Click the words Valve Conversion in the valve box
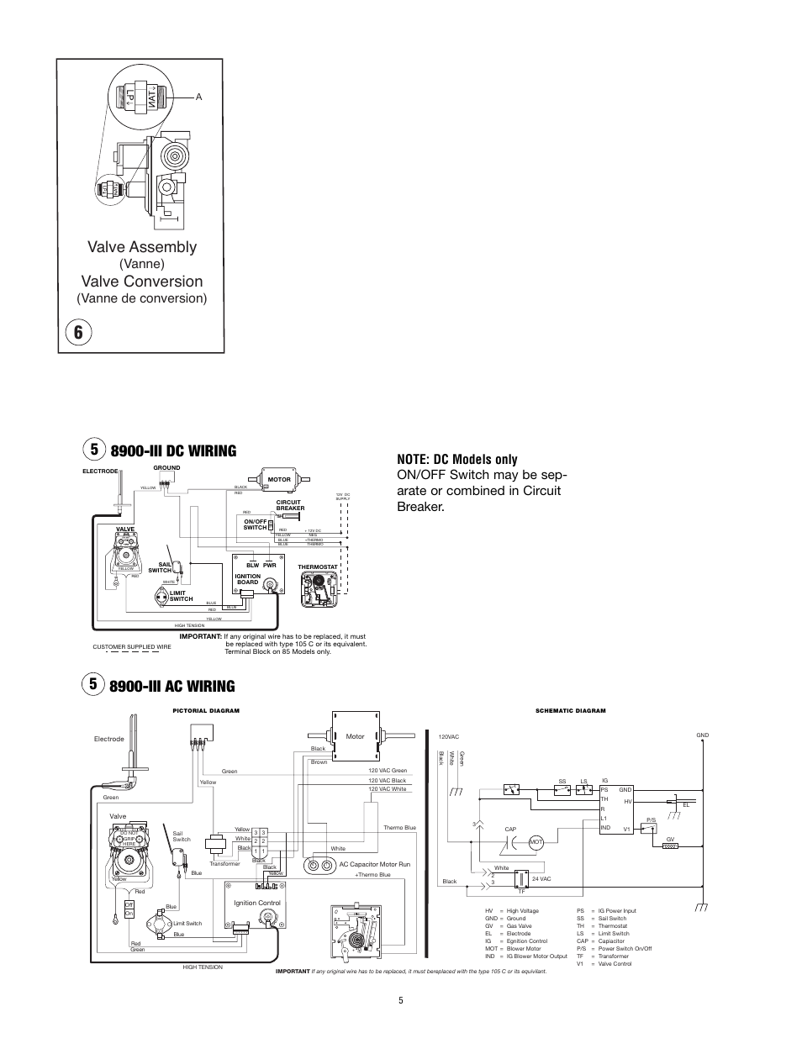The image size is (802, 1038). (x=142, y=281)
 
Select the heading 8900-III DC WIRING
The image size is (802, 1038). (x=172, y=451)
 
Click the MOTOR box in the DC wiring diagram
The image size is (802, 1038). (x=278, y=480)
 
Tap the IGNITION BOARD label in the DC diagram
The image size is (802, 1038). (x=248, y=579)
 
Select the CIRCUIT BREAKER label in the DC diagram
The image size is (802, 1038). (x=290, y=506)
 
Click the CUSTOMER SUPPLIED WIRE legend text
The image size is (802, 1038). (x=131, y=645)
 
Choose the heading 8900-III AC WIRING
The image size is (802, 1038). (x=172, y=686)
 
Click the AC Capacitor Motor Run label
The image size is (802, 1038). (x=374, y=864)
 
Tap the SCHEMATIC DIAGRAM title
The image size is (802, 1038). (x=571, y=711)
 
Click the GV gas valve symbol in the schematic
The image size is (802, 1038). (x=670, y=846)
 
